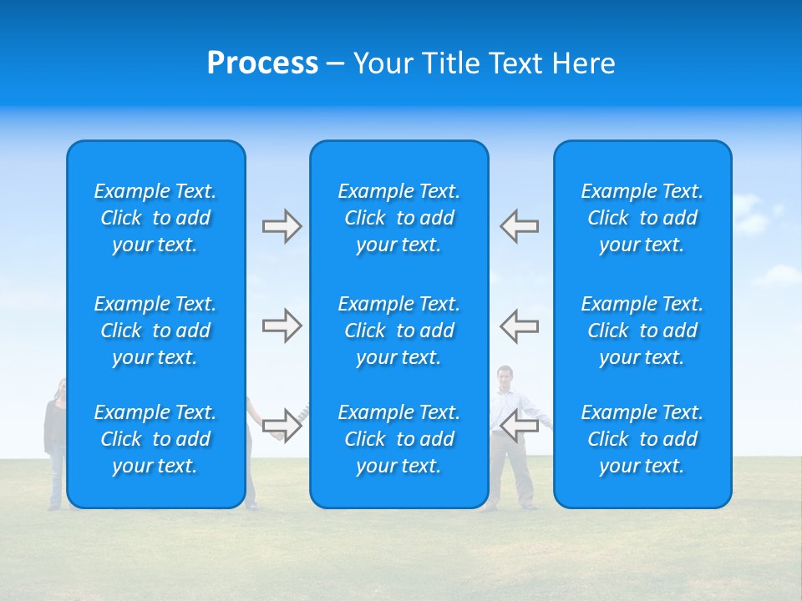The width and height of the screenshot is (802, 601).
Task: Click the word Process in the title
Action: (x=262, y=63)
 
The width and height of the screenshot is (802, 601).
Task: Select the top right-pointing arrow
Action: (x=282, y=226)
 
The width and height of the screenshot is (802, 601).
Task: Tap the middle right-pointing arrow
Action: (x=282, y=326)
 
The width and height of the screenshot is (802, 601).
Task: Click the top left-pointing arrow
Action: (x=519, y=226)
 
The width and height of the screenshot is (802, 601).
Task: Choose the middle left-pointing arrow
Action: (x=519, y=326)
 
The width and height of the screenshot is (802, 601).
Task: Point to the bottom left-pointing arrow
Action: (x=519, y=426)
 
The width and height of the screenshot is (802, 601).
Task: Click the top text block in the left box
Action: (x=155, y=218)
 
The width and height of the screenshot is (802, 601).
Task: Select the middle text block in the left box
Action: (x=155, y=331)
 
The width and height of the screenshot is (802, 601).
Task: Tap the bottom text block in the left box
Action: (x=155, y=439)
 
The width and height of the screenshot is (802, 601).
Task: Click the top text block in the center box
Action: (x=399, y=218)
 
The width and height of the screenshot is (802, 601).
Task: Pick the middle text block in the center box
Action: (x=399, y=331)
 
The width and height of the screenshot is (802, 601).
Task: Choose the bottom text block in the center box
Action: (x=399, y=439)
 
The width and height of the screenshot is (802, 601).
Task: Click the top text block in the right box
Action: (x=642, y=218)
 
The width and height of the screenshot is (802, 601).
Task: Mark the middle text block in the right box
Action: (x=642, y=331)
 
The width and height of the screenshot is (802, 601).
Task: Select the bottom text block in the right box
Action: (x=642, y=439)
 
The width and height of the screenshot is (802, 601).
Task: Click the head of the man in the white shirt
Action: (x=505, y=376)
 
